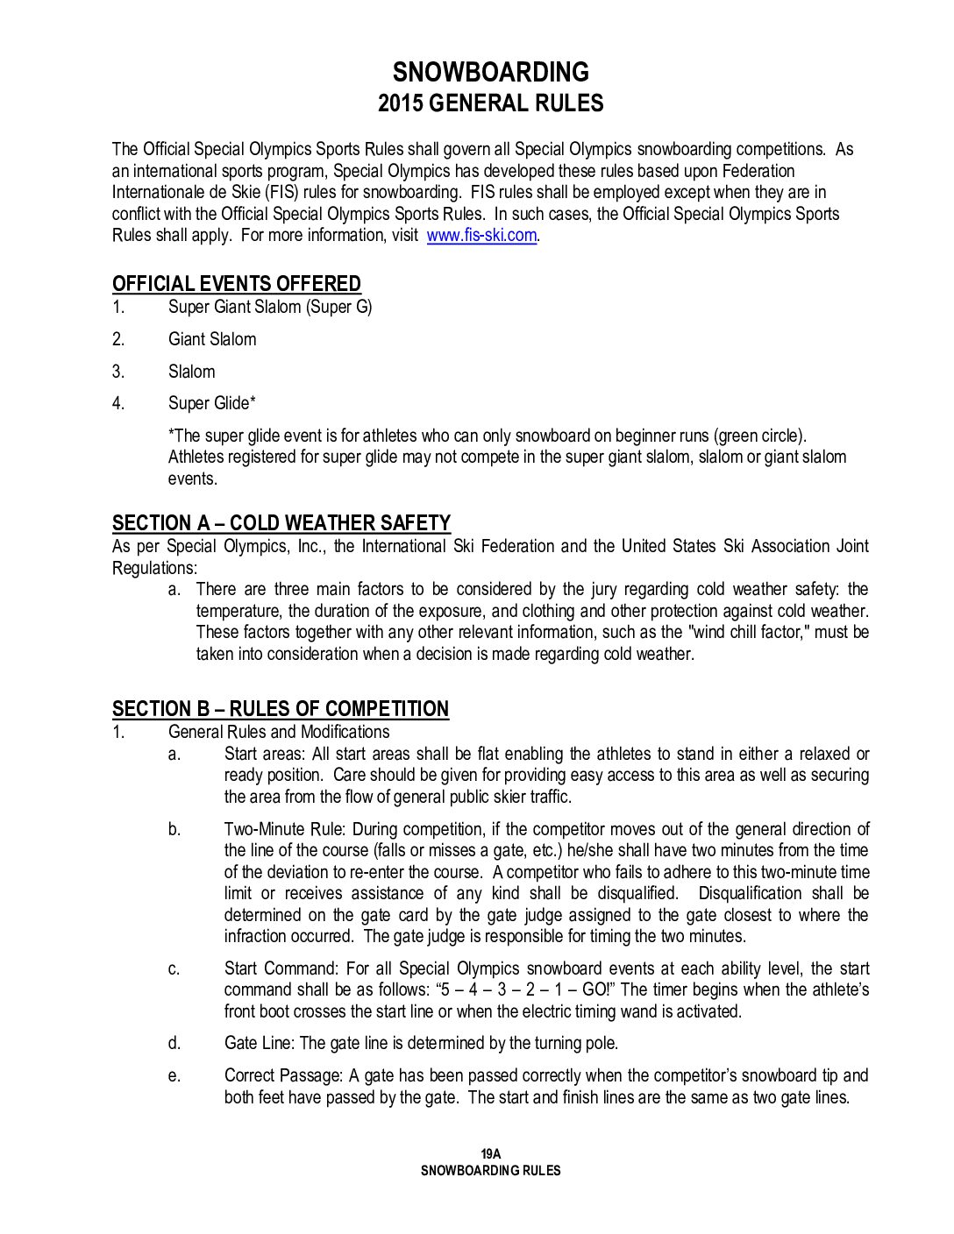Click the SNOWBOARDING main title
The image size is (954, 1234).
point(490,72)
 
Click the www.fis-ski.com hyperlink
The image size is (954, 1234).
point(481,235)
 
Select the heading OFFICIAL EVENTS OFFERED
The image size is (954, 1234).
point(237,283)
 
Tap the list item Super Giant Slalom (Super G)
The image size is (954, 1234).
point(270,307)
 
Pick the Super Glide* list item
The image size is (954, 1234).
point(212,403)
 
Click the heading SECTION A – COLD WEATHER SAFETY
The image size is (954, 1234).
point(281,522)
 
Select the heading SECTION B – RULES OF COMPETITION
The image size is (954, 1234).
point(281,708)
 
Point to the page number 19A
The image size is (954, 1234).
point(490,1154)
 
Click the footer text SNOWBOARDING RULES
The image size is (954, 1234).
point(490,1170)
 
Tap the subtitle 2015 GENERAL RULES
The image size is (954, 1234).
point(490,103)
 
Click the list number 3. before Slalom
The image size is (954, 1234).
point(118,372)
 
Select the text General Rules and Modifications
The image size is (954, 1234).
point(279,732)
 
